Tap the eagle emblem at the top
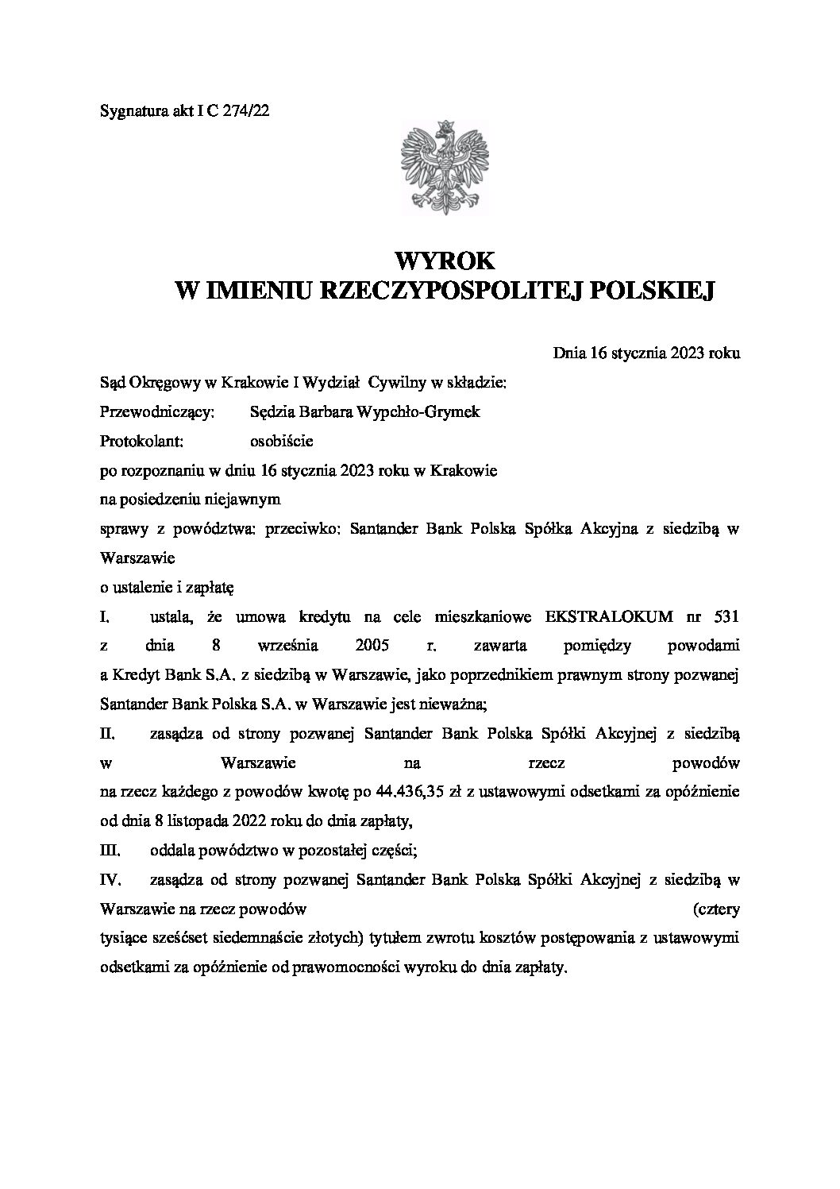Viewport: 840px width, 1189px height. [x=445, y=167]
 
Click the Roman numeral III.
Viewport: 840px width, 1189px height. [x=110, y=851]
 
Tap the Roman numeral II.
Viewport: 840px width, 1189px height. [x=108, y=734]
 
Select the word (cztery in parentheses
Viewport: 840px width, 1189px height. [x=716, y=909]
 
